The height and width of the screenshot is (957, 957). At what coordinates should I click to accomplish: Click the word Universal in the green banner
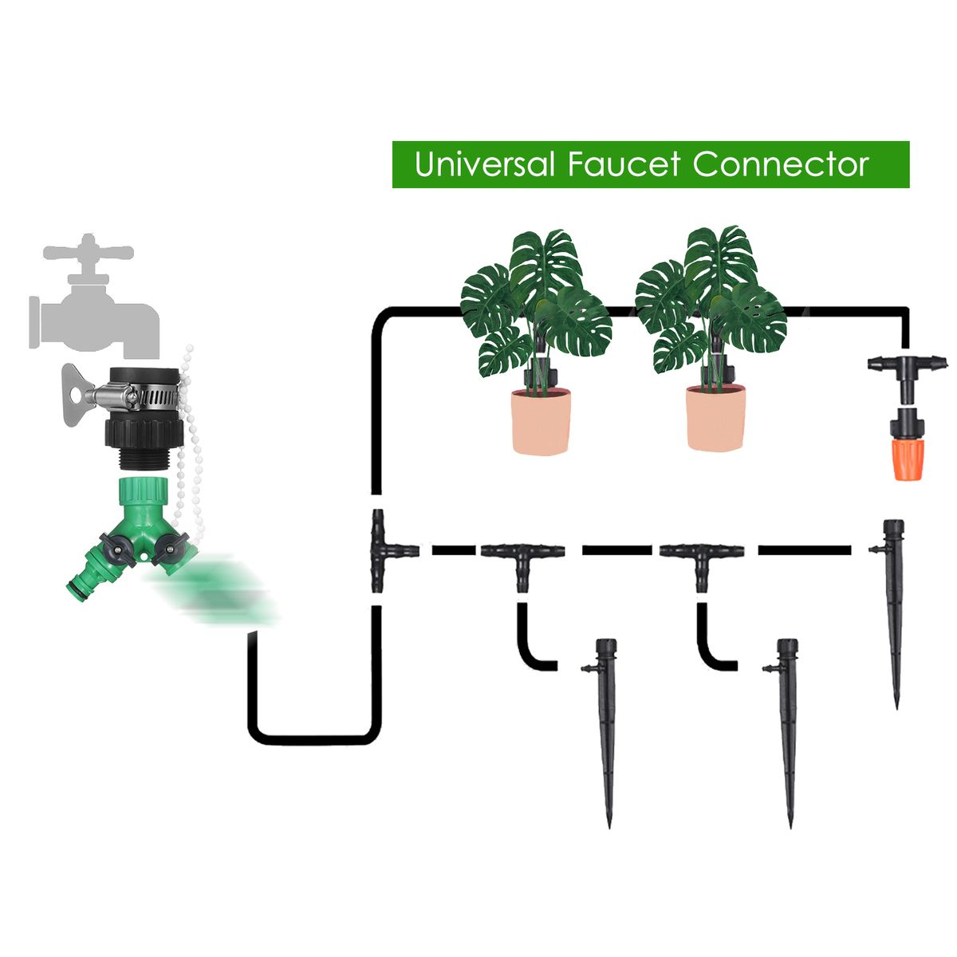pos(484,164)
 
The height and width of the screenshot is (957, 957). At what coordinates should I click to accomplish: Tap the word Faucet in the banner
pos(624,164)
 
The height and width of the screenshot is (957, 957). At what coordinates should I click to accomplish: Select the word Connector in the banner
pos(781,164)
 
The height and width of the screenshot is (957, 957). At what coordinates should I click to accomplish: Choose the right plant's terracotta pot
pos(717,419)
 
